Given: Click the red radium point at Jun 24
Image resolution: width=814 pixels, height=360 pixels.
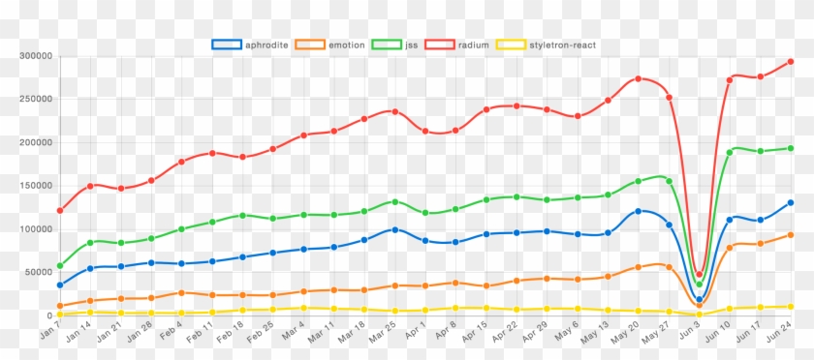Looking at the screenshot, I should pyautogui.click(x=791, y=62).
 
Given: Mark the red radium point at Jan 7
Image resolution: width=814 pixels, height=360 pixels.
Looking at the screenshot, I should pyautogui.click(x=60, y=210).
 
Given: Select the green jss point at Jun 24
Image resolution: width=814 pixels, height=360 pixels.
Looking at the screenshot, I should pyautogui.click(x=791, y=148).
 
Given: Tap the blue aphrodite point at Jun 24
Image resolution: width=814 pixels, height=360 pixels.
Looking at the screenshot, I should pyautogui.click(x=791, y=202).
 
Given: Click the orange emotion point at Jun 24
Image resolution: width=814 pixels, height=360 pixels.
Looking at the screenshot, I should pyautogui.click(x=791, y=235).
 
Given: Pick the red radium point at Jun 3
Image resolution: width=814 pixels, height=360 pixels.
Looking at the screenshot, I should pyautogui.click(x=700, y=275).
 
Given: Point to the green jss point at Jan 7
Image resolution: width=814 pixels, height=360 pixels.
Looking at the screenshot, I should pyautogui.click(x=60, y=265).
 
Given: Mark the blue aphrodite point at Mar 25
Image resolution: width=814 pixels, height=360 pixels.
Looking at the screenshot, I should pyautogui.click(x=395, y=229).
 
